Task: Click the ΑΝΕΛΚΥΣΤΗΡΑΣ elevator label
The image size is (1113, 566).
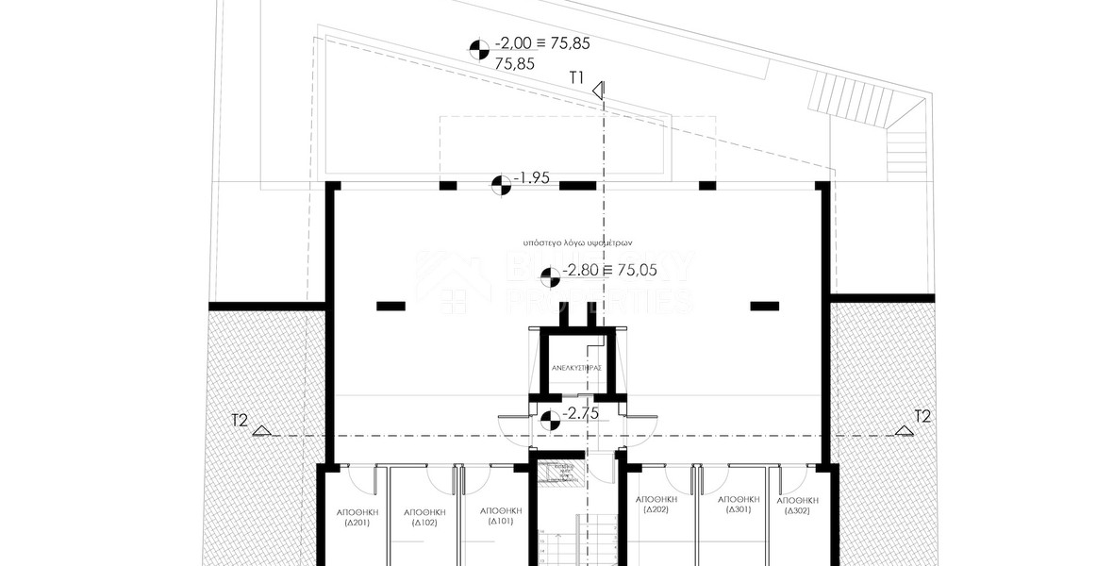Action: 575,368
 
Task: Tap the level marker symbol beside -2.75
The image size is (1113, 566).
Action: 551,422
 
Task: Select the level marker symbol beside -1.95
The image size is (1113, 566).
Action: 501,183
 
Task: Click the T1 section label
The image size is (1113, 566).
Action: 577,77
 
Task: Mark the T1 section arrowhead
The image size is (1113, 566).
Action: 598,91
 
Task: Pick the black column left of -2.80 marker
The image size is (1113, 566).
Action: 390,306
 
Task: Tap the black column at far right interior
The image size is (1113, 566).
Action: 764,305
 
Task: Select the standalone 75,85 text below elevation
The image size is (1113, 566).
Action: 514,64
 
